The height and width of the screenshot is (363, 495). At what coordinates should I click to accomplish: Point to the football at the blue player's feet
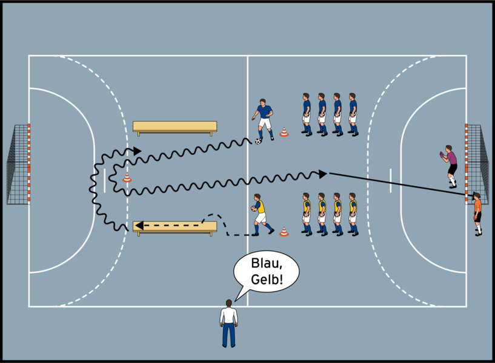pos(259,141)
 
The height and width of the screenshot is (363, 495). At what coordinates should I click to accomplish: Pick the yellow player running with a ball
pos(260,214)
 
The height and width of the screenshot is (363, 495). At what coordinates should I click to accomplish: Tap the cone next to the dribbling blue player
pos(284,132)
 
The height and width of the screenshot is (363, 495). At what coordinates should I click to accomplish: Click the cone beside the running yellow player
pos(284,231)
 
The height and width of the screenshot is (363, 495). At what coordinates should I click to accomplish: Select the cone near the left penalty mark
pos(127,177)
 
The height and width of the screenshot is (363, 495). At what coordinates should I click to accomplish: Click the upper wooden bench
pos(174,126)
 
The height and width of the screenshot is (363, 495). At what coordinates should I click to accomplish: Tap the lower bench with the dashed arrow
pos(175,226)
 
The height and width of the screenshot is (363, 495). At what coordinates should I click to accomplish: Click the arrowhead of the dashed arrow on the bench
pos(138,225)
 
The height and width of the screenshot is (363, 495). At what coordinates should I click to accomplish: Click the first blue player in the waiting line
pos(307,114)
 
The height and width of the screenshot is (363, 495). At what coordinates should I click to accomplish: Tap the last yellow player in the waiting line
pos(353,214)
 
